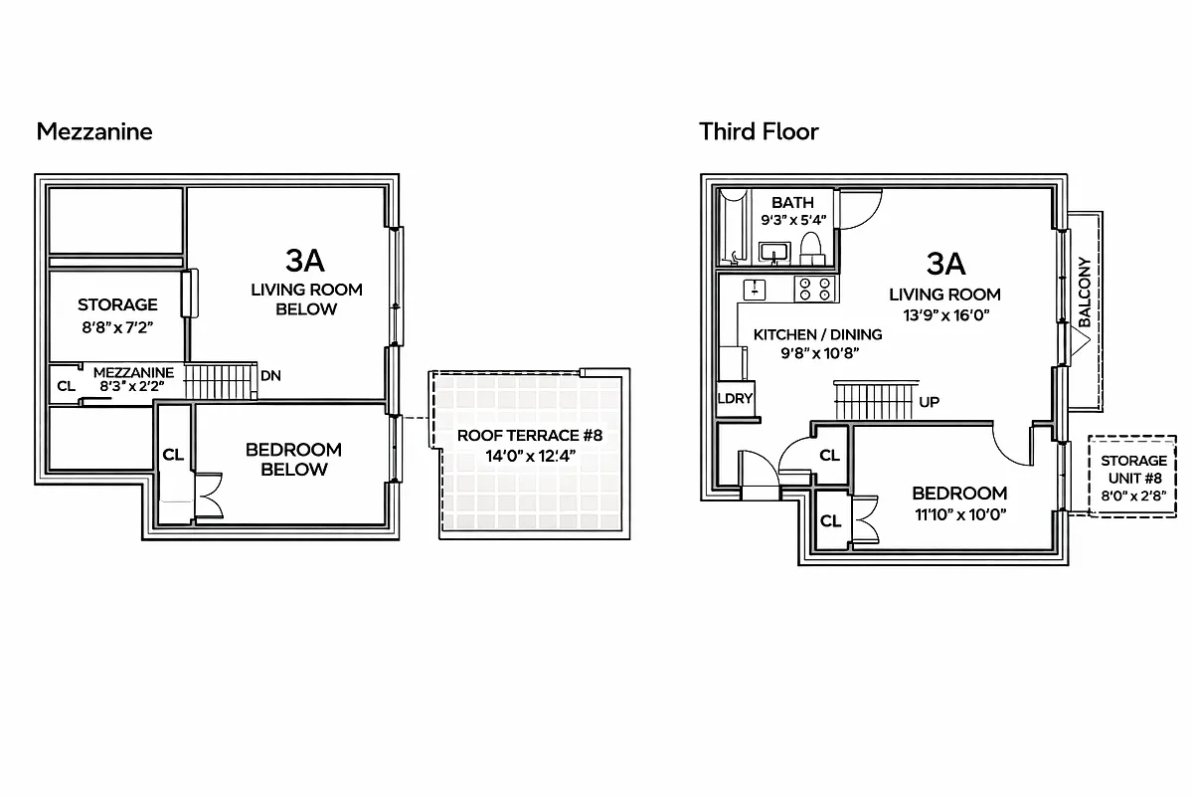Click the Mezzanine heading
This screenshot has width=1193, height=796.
pyautogui.click(x=94, y=131)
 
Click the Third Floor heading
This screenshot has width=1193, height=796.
pyautogui.click(x=759, y=131)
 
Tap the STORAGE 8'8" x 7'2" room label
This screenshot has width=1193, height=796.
pyautogui.click(x=117, y=314)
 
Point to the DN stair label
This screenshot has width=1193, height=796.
pyautogui.click(x=269, y=376)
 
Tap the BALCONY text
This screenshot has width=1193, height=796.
pyautogui.click(x=1085, y=293)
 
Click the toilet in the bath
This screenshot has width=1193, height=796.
pyautogui.click(x=811, y=248)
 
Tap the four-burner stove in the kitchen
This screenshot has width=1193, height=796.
pyautogui.click(x=814, y=289)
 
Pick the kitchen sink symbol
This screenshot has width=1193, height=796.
pyautogui.click(x=756, y=289)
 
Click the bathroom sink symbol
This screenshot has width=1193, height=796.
pyautogui.click(x=772, y=252)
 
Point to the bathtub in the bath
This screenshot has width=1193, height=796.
pyautogui.click(x=733, y=228)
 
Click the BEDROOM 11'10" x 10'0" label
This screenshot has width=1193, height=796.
pyautogui.click(x=959, y=502)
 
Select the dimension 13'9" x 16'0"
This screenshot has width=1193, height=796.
pyautogui.click(x=944, y=314)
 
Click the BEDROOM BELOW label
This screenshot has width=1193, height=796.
pyautogui.click(x=293, y=460)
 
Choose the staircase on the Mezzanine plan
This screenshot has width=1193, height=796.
pyautogui.click(x=221, y=381)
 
